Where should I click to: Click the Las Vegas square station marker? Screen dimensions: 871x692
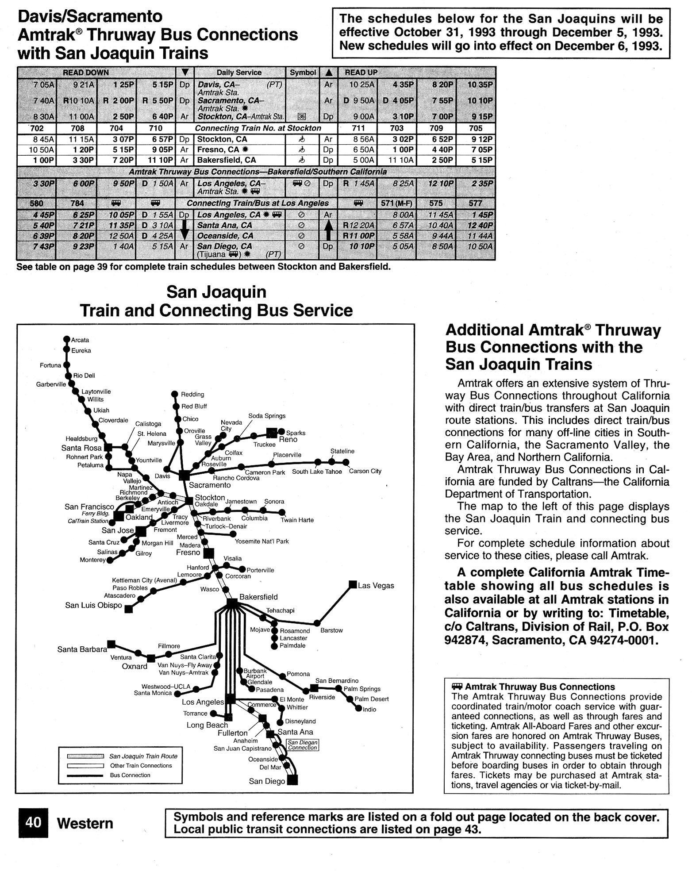353,584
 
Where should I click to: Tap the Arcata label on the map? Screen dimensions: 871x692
80,340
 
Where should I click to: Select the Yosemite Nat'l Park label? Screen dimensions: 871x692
261,541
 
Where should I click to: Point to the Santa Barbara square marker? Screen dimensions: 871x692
111,644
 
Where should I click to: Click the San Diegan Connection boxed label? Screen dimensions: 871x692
302,745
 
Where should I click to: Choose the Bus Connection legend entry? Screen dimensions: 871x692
130,775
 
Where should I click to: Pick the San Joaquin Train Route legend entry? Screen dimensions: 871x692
143,756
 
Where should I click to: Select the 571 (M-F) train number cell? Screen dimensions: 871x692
396,203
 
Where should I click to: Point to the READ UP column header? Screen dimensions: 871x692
361,72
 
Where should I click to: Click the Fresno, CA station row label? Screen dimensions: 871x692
218,150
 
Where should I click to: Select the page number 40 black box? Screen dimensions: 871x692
33,822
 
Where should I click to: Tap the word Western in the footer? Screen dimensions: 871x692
85,823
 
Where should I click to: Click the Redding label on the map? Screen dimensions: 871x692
192,394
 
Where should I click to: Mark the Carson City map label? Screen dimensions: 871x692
365,471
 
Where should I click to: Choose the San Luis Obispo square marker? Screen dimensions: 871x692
128,609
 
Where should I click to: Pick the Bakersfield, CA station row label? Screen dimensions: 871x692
226,160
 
